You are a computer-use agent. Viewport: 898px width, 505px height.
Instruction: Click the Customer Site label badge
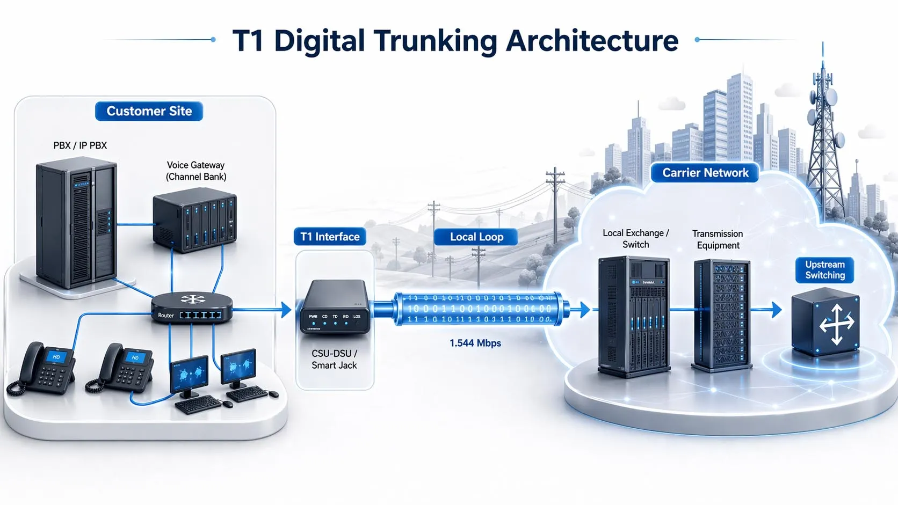(x=149, y=111)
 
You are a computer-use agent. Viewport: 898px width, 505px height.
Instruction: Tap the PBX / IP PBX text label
(x=80, y=145)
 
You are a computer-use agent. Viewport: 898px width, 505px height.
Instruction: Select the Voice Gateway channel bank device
(x=194, y=219)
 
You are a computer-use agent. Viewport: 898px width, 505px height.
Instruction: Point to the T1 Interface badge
(x=330, y=237)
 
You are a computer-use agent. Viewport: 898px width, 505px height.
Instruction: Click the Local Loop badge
(x=476, y=237)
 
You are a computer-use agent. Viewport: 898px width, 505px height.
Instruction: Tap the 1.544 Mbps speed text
(x=475, y=343)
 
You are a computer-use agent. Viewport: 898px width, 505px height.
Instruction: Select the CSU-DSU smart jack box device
(x=334, y=307)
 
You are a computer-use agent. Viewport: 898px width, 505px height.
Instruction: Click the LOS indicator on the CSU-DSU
(x=357, y=317)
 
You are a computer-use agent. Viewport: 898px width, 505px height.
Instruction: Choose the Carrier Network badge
(x=705, y=173)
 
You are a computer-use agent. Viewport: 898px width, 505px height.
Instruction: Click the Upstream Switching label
(x=824, y=270)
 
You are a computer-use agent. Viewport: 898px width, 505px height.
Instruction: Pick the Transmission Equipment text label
(x=718, y=239)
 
